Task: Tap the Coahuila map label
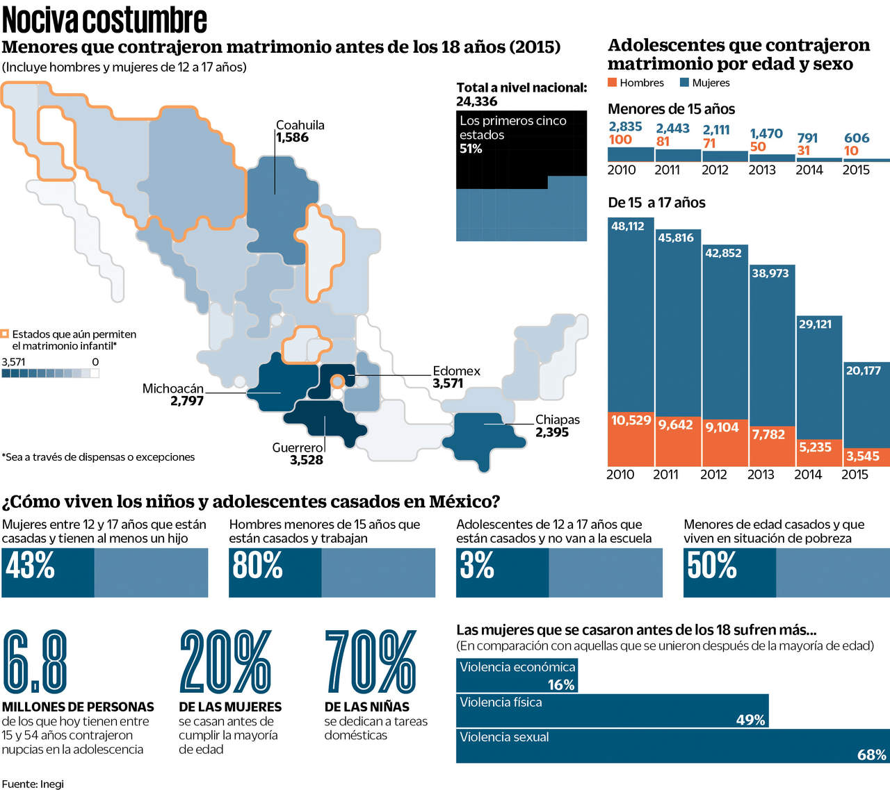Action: (x=300, y=125)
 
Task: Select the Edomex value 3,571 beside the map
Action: (x=448, y=384)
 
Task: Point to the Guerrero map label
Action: (x=298, y=447)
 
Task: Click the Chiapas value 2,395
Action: (x=552, y=432)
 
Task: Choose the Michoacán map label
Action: (x=173, y=388)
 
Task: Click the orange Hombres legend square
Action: (x=613, y=83)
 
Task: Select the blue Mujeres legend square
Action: (x=684, y=83)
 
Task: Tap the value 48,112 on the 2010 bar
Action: (x=628, y=226)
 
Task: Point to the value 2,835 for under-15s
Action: (x=625, y=126)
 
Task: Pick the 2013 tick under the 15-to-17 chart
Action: (x=761, y=475)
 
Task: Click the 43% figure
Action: (x=31, y=566)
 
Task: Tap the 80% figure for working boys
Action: (x=257, y=566)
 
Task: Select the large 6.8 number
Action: (x=35, y=662)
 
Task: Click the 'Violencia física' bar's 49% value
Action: (x=750, y=720)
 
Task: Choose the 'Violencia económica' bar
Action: (x=517, y=675)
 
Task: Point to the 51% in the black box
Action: (x=471, y=149)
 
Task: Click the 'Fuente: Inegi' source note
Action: (x=33, y=784)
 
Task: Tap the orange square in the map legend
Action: (x=6, y=334)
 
